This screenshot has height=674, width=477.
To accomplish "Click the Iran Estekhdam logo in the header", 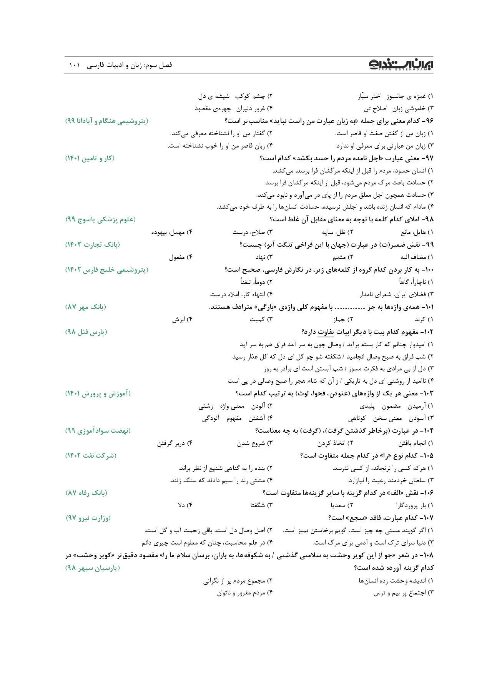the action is [x=401, y=65].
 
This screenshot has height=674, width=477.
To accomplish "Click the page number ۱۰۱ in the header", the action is [x=74, y=65].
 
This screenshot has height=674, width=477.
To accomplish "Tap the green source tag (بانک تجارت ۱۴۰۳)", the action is [x=92, y=245].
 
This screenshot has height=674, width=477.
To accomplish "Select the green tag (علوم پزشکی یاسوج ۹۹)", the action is [x=100, y=219].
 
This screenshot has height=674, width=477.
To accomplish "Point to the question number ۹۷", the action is [x=427, y=158].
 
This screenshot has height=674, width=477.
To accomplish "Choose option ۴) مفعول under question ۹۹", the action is [x=180, y=257].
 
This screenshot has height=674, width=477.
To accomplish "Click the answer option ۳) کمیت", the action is [x=261, y=319].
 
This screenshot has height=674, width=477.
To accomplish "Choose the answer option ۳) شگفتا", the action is [x=261, y=505].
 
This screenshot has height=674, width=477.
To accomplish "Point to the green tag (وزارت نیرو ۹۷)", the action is [x=88, y=518].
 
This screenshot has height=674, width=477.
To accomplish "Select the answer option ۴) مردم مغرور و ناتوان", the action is [x=244, y=593].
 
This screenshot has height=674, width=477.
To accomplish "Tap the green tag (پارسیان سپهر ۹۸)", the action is [x=92, y=568].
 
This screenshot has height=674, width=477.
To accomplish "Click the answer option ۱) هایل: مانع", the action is [x=417, y=232].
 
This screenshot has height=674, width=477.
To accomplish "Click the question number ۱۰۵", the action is [x=427, y=456].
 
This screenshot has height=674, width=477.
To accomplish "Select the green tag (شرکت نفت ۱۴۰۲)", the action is [x=91, y=456].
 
